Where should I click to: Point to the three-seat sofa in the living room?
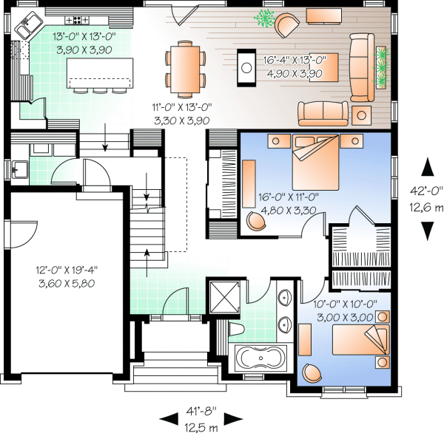tap(361, 67)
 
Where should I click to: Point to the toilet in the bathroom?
tap(235, 328)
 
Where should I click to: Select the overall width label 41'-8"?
tap(197, 418)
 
